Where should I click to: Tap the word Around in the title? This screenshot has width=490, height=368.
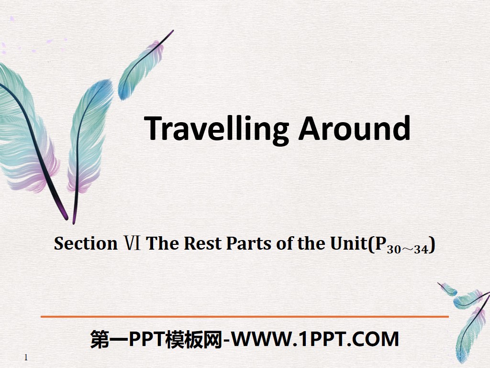(354, 128)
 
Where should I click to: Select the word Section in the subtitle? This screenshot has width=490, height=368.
(86, 243)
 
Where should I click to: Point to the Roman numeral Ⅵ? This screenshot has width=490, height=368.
(132, 243)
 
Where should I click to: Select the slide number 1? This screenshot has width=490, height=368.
(26, 357)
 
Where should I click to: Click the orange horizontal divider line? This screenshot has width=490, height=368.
(245, 317)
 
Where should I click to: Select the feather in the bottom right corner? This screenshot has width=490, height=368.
(467, 316)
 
